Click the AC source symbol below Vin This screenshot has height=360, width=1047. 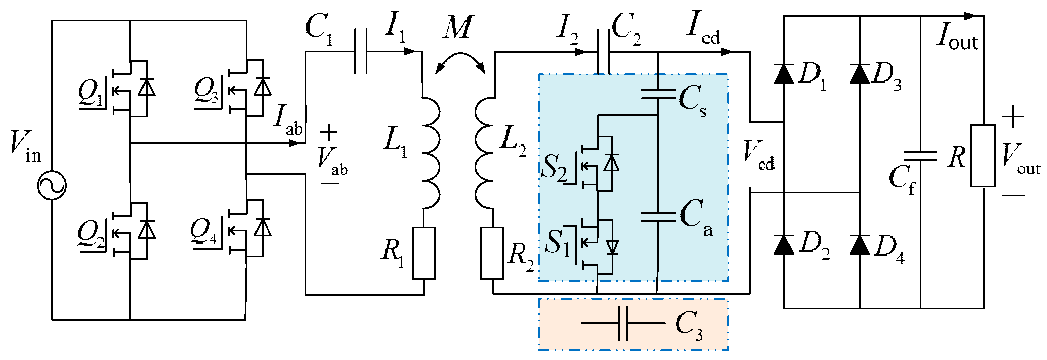[x=52, y=185]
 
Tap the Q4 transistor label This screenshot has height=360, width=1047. [x=203, y=232]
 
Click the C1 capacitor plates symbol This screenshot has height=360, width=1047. [x=361, y=52]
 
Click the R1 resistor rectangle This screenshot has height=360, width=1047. [x=423, y=253]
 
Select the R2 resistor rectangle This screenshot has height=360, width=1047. [x=492, y=253]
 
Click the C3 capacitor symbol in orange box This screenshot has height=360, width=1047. [x=623, y=323]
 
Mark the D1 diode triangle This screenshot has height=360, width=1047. [x=784, y=74]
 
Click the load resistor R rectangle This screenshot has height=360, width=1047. [x=983, y=156]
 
